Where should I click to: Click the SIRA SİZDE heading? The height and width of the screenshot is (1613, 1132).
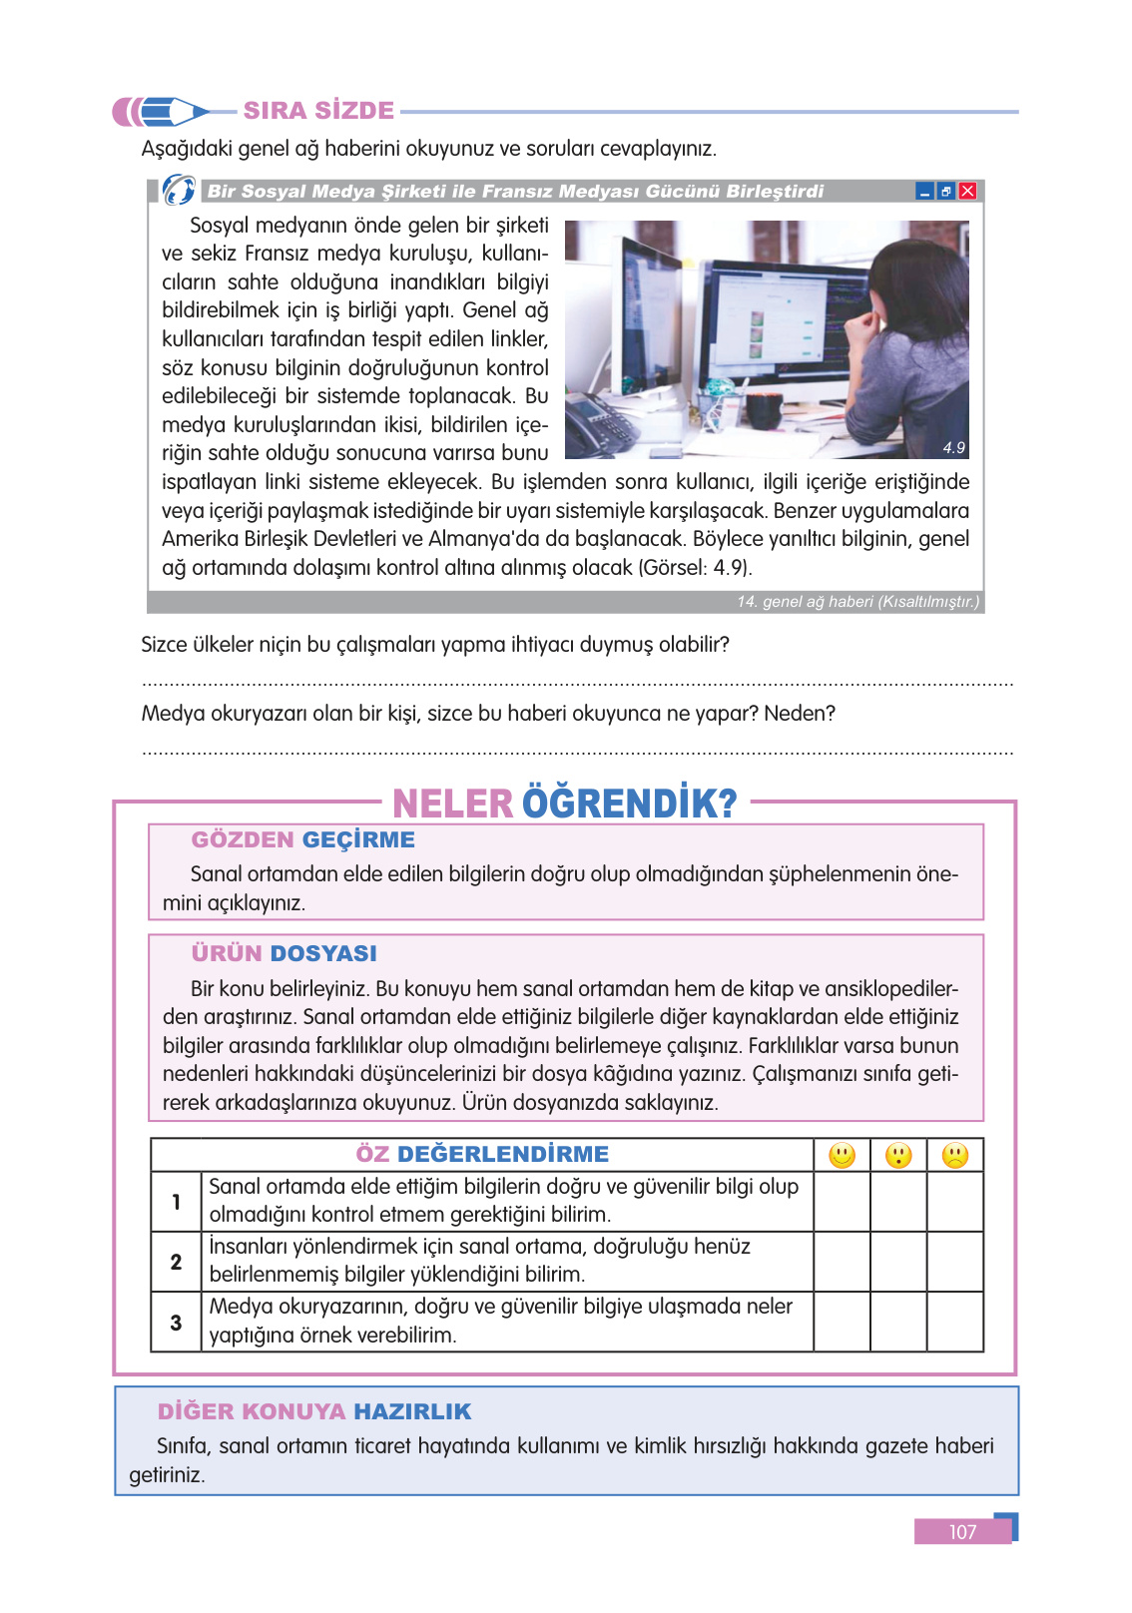tap(318, 111)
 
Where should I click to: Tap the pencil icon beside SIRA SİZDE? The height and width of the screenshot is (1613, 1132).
tap(160, 111)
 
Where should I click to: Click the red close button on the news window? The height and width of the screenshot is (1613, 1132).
tap(967, 192)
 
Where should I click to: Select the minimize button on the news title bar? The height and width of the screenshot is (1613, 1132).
tap(924, 192)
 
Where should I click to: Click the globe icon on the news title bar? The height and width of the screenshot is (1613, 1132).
tap(179, 190)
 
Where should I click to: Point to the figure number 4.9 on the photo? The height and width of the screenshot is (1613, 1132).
tap(953, 448)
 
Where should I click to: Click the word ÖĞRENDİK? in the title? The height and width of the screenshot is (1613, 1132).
tap(629, 804)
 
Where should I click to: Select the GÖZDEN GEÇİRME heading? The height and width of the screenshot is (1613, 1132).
tap(302, 840)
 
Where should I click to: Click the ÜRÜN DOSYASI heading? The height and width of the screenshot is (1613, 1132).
tap(283, 954)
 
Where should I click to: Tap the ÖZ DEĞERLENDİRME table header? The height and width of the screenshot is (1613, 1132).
tap(482, 1155)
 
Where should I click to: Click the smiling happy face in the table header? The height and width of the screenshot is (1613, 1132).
tap(842, 1156)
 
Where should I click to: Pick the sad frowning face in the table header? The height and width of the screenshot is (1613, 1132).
tap(955, 1156)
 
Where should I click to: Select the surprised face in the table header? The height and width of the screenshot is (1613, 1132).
tap(898, 1156)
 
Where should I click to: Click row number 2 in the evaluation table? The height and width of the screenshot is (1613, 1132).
tap(176, 1263)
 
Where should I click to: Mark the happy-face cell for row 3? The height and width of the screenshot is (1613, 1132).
tap(842, 1323)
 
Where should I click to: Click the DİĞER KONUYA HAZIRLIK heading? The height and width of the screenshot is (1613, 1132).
tap(313, 1412)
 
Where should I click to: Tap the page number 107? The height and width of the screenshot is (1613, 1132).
tap(962, 1532)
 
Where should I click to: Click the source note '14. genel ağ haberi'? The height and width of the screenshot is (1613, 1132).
tap(856, 602)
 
